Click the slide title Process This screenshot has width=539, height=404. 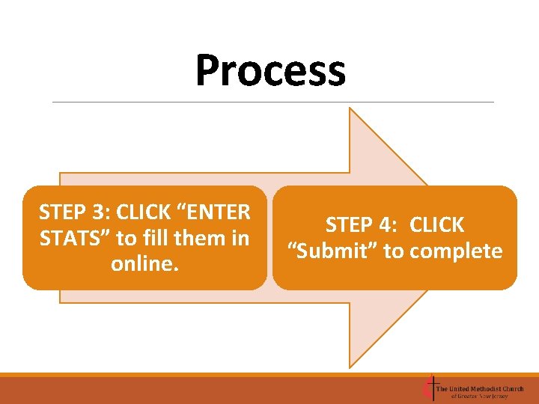[270, 71]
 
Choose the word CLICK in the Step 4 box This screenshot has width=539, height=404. [437, 224]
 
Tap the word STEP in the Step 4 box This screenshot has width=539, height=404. [350, 224]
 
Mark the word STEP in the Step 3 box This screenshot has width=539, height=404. [62, 212]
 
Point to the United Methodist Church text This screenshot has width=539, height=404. [480, 388]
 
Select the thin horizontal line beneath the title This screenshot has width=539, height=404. [273, 102]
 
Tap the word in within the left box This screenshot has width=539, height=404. [240, 239]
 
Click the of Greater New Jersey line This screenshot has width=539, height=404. [479, 397]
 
